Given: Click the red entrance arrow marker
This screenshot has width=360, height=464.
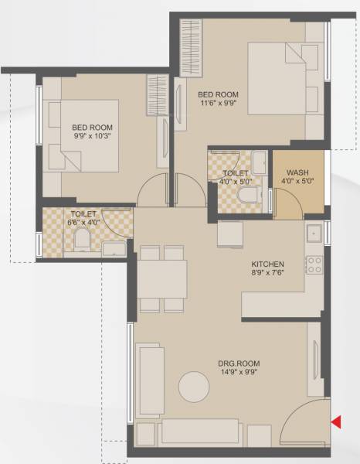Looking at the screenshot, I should click(336, 421).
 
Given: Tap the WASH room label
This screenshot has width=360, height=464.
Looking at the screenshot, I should click(297, 173).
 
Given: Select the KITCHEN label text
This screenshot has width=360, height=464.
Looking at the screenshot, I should click(267, 264).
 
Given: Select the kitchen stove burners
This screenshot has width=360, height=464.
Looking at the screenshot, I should click(314, 265).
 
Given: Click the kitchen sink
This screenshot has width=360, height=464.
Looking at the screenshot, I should click(314, 233).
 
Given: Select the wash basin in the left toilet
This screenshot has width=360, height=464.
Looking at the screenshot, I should click(114, 247).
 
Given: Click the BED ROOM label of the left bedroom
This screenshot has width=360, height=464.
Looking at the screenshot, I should click(93, 128).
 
